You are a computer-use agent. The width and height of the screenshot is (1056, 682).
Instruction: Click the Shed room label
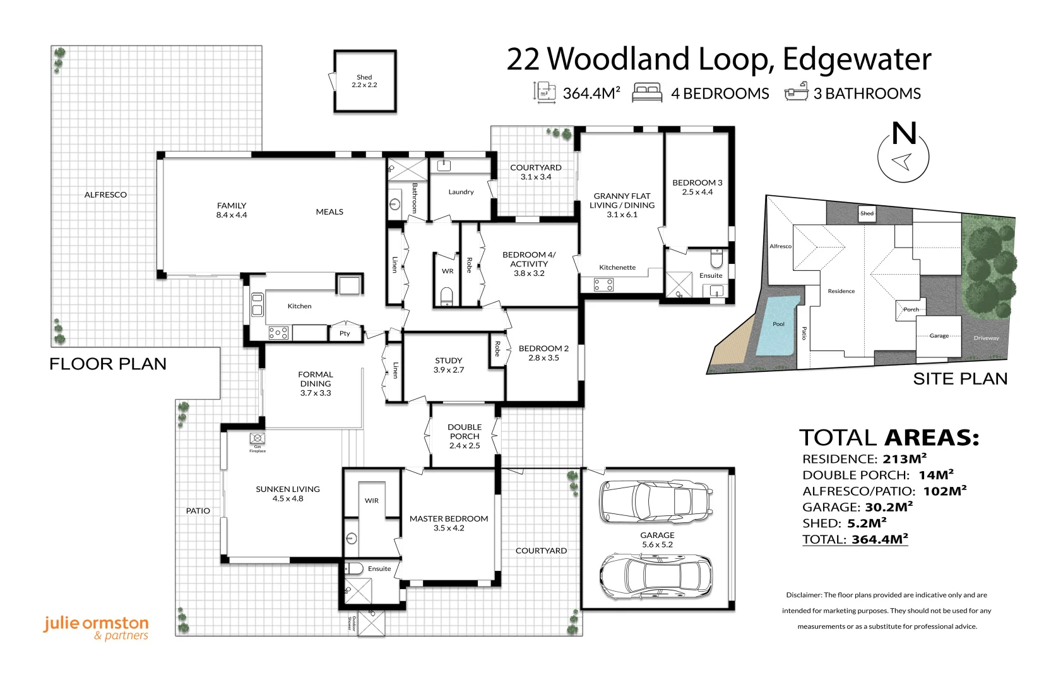tap(364, 81)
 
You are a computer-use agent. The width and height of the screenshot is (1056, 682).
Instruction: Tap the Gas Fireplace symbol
tap(258, 438)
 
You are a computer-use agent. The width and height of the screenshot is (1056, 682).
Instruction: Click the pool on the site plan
tap(778, 325)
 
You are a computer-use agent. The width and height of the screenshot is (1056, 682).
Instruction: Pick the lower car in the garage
tap(656, 577)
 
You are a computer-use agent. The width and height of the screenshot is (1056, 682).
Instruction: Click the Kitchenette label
tap(617, 267)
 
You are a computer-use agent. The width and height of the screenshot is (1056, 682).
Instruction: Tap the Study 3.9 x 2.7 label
tap(448, 365)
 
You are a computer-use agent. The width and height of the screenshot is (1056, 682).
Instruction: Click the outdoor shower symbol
tap(372, 623)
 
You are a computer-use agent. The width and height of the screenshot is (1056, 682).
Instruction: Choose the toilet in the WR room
tap(446, 296)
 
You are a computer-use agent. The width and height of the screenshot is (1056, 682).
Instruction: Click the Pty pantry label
tap(345, 333)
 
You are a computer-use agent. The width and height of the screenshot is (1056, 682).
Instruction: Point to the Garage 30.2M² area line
tap(858, 507)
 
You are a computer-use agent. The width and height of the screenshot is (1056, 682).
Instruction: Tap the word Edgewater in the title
tap(857, 60)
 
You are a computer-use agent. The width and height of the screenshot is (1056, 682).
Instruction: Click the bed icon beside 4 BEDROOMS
tap(647, 92)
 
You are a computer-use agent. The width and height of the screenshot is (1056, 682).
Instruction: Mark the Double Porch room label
tap(465, 436)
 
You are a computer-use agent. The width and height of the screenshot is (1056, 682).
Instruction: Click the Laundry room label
tap(461, 192)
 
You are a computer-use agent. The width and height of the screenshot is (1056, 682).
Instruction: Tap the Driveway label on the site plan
tap(986, 338)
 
